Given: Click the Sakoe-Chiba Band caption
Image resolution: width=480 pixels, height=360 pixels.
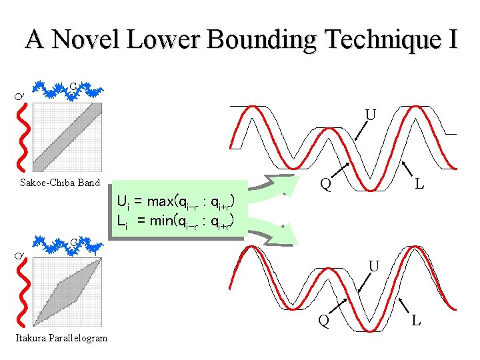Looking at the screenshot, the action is (x=60, y=183).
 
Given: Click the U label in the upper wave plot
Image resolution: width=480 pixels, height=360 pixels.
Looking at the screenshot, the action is (x=370, y=115).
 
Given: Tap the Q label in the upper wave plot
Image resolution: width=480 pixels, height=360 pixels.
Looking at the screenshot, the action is (x=325, y=183).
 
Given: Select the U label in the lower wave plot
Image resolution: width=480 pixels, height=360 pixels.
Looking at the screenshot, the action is (x=374, y=266).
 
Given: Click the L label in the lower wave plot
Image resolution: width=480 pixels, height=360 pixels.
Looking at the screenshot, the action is (x=416, y=321).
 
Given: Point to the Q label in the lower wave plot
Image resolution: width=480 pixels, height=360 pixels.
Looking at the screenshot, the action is (x=323, y=321).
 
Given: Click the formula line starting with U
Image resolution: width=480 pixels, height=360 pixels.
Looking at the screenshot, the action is (x=174, y=201).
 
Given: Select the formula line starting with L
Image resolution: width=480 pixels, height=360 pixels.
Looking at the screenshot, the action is (x=174, y=221).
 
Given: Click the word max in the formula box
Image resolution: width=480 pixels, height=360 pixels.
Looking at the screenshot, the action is (x=161, y=201).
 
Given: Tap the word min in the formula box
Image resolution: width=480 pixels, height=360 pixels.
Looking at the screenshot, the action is (x=161, y=221).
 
